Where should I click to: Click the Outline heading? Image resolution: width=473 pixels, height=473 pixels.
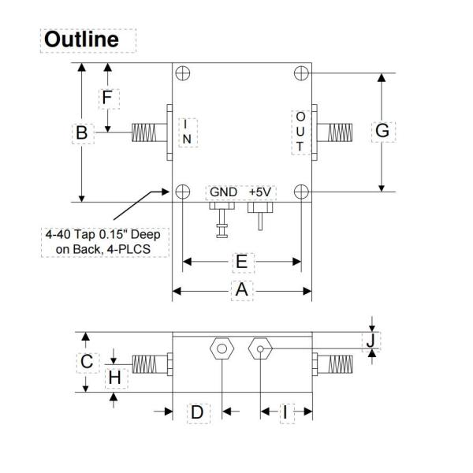82,39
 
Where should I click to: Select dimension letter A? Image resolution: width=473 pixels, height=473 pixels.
242,291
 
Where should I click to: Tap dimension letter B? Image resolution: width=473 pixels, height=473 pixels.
81,134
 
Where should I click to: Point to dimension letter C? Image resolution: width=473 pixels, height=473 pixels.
88,361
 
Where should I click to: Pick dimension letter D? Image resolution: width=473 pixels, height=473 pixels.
197,412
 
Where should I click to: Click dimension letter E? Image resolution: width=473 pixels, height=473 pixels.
242,261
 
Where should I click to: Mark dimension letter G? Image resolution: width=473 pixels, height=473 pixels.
382,131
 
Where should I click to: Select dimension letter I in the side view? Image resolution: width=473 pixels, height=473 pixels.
285,412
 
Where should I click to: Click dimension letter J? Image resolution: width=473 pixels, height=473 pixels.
370,341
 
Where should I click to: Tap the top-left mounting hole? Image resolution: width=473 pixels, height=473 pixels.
183,73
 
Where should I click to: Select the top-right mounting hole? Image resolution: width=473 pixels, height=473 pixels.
300,73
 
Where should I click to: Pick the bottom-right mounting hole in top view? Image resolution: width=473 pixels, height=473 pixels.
300,192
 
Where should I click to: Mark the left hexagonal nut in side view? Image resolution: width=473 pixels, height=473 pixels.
222,348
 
